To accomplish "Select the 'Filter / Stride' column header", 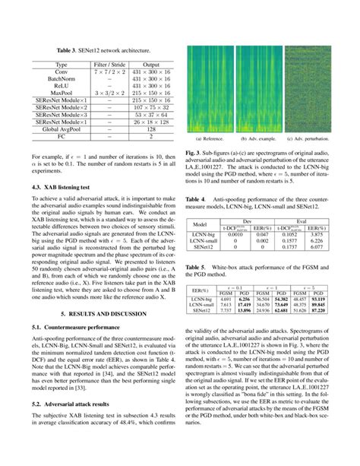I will (x=107, y=65).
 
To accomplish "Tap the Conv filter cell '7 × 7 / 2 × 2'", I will (x=107, y=73).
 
